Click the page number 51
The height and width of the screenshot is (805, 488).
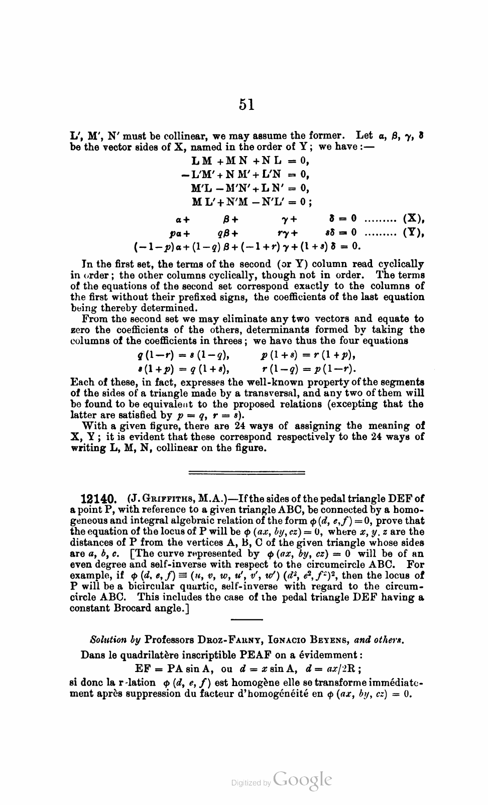(247, 104)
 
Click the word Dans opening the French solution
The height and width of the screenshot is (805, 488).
(92, 655)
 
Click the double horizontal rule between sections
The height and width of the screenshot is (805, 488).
(246, 472)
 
